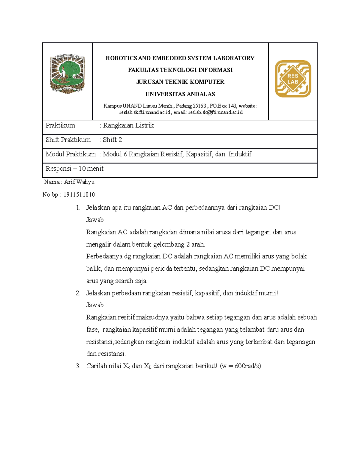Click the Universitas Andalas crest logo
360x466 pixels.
tap(67, 74)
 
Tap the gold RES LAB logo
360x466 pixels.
tap(293, 79)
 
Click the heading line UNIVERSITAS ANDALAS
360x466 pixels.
tap(180, 94)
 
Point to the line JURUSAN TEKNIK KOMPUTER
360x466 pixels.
tap(180, 82)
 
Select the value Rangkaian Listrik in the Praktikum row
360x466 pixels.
tap(128, 125)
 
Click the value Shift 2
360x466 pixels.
tap(112, 140)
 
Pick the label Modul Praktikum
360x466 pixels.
tap(70, 154)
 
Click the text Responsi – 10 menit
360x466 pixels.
tap(74, 169)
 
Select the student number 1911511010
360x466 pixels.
tap(79, 195)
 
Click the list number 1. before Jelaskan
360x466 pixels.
tap(78, 208)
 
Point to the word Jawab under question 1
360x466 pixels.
tap(95, 220)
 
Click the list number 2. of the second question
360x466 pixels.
tap(78, 293)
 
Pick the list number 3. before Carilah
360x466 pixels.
tap(78, 366)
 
